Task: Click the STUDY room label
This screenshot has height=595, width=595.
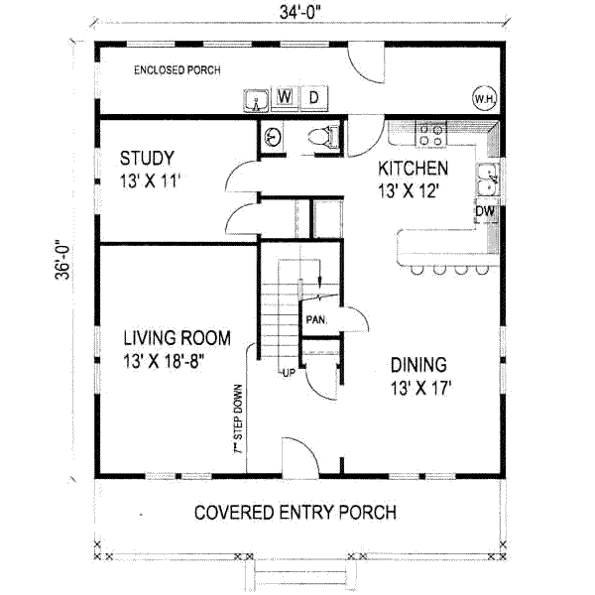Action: point(147,159)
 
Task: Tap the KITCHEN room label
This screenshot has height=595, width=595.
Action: point(413,169)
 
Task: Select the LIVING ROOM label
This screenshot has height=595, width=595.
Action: point(178,338)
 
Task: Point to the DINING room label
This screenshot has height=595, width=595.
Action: point(418,365)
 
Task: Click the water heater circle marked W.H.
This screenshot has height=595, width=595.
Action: point(484,98)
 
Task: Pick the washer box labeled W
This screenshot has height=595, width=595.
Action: point(285,97)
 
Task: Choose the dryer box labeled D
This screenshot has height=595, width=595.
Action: point(313,98)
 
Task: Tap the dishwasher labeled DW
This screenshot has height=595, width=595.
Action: point(485,211)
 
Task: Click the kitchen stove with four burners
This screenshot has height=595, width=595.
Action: point(431,134)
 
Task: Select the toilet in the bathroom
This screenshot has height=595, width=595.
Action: point(322,137)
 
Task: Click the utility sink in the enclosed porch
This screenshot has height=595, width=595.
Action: point(256,100)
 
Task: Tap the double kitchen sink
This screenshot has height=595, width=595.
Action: point(488,179)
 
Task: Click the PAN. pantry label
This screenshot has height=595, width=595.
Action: point(315,320)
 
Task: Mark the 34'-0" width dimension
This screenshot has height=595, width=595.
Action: point(300,13)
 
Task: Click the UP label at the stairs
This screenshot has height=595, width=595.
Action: point(289,374)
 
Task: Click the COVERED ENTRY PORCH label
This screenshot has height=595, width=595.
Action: point(296,513)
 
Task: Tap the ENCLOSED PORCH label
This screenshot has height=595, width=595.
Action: point(178,70)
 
